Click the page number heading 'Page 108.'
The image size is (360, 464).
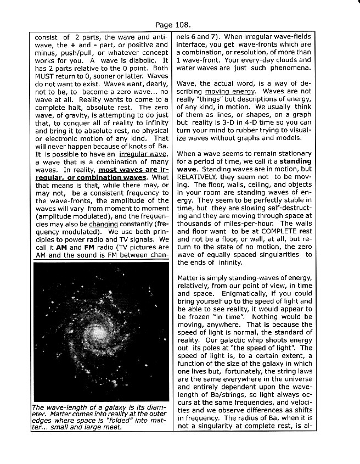click(x=173, y=25)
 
